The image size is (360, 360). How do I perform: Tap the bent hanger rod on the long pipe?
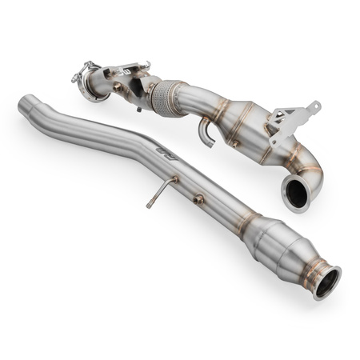160,191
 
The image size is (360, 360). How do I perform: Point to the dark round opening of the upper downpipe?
296,195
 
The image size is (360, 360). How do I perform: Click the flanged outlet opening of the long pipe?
327,282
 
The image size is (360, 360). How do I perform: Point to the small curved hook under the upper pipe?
206,133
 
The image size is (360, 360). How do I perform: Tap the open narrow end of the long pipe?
27,102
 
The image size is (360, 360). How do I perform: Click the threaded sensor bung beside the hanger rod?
198,198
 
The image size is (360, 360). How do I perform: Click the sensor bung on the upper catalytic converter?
237,143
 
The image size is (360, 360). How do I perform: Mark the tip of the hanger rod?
149,206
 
